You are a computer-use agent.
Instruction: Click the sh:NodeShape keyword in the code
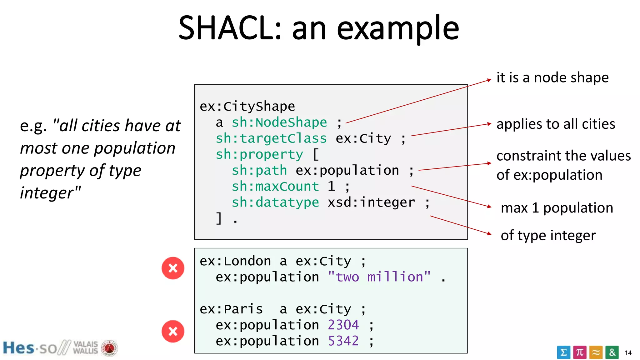pyautogui.click(x=279, y=122)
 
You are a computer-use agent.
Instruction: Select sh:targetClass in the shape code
pyautogui.click(x=271, y=138)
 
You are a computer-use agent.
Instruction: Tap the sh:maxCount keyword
pyautogui.click(x=275, y=186)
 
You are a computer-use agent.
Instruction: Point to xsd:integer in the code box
pyautogui.click(x=371, y=202)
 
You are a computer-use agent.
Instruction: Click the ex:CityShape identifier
pyautogui.click(x=247, y=106)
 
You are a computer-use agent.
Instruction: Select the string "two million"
pyautogui.click(x=379, y=277)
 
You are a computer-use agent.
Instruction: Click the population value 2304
pyautogui.click(x=343, y=325)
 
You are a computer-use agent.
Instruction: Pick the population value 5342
pyautogui.click(x=343, y=341)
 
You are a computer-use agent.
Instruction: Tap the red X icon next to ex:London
pyautogui.click(x=173, y=268)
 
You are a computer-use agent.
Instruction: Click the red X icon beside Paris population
pyautogui.click(x=173, y=331)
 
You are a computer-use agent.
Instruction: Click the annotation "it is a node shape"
pyautogui.click(x=552, y=77)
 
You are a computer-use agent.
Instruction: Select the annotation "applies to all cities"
pyautogui.click(x=555, y=124)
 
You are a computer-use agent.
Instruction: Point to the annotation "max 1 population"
pyautogui.click(x=557, y=208)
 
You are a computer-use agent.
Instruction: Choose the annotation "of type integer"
pyautogui.click(x=548, y=235)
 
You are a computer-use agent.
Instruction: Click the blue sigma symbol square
pyautogui.click(x=563, y=352)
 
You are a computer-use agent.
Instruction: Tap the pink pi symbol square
pyautogui.click(x=580, y=352)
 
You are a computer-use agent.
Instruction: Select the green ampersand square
pyautogui.click(x=612, y=352)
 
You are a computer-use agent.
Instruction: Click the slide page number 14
pyautogui.click(x=628, y=353)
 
